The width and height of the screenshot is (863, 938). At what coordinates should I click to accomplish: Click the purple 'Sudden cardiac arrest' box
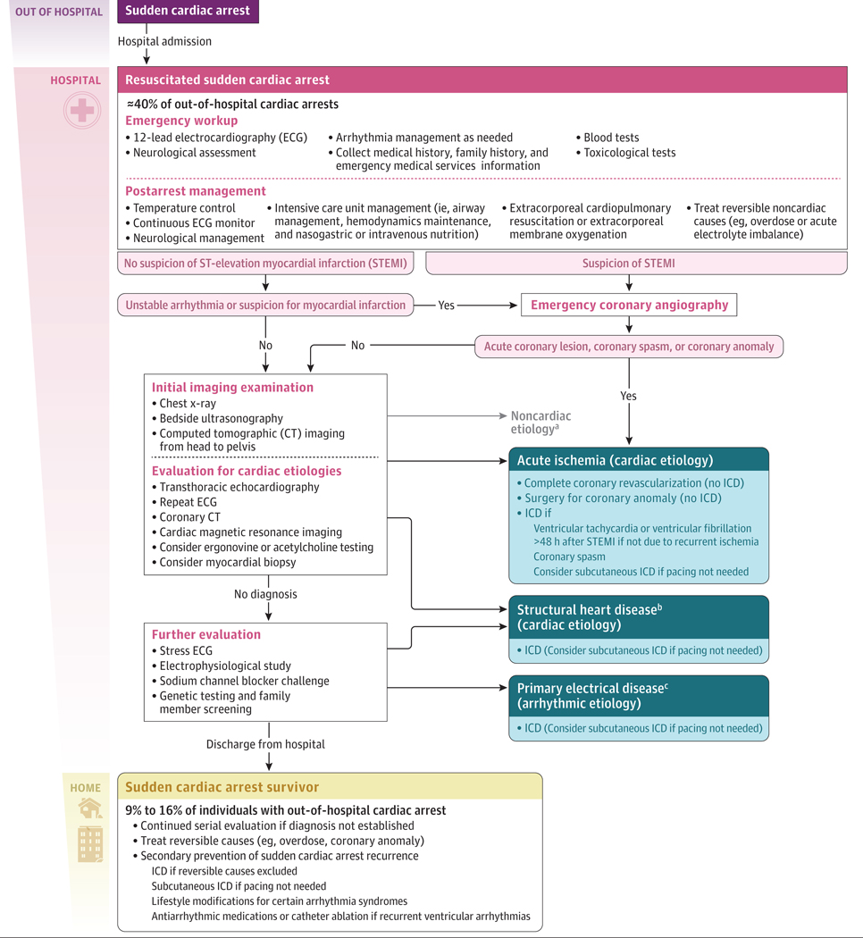189,12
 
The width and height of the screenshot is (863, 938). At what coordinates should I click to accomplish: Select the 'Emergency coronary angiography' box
629,305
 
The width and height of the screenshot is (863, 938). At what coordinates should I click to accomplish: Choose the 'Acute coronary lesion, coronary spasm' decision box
629,346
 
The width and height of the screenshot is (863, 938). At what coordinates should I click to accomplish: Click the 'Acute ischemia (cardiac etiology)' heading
615,460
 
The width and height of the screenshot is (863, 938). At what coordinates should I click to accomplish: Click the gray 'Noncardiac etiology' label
540,423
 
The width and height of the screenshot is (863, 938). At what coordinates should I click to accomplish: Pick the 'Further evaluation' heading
206,634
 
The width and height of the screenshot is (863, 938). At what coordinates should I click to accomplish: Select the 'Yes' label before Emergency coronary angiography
446,305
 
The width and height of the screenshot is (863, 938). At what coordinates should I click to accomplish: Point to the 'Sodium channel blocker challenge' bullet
244,681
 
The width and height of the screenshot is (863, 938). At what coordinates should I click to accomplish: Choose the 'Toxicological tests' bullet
629,153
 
